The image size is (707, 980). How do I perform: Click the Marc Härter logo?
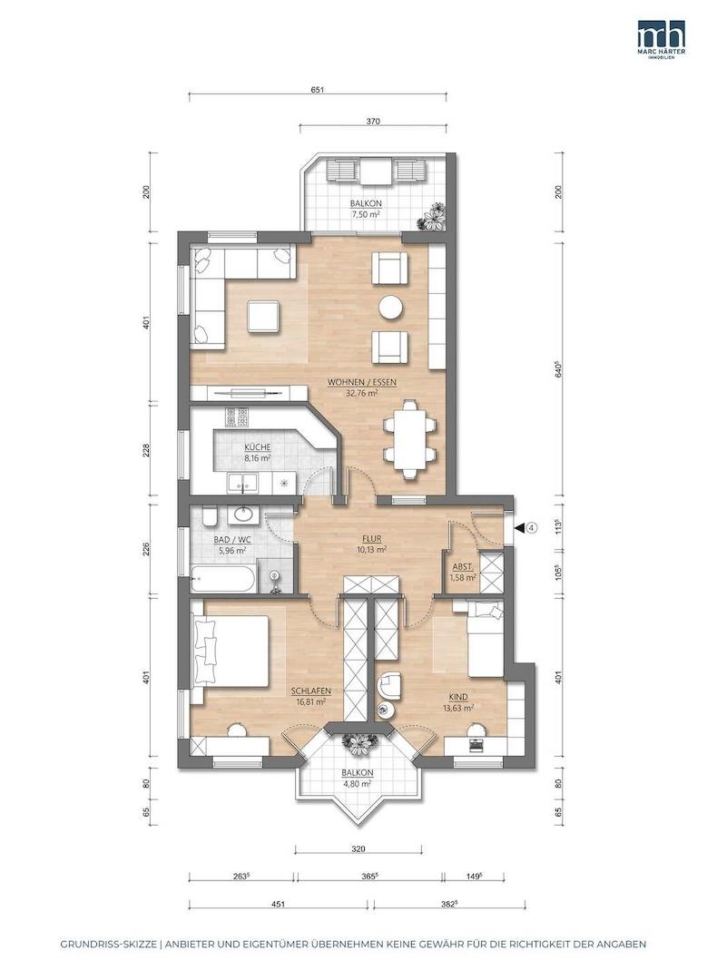661,37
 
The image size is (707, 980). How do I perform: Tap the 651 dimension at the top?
317,90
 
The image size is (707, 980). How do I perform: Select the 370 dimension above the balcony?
373,122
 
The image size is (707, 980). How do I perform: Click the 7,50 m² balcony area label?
366,214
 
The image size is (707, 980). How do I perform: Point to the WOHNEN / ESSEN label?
362,383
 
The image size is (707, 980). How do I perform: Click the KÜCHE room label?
257,446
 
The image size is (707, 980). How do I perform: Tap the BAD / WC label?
231,539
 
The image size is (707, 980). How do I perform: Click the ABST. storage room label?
462,567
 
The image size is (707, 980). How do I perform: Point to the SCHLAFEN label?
310,691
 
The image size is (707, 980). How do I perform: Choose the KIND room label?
458,696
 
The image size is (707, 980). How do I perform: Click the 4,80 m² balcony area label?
357,783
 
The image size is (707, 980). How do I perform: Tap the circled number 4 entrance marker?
531,527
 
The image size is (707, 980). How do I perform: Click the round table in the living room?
390,307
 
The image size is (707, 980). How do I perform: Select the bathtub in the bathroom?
222,579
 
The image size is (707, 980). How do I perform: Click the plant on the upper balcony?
433,217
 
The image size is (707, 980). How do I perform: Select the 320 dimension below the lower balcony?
358,849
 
